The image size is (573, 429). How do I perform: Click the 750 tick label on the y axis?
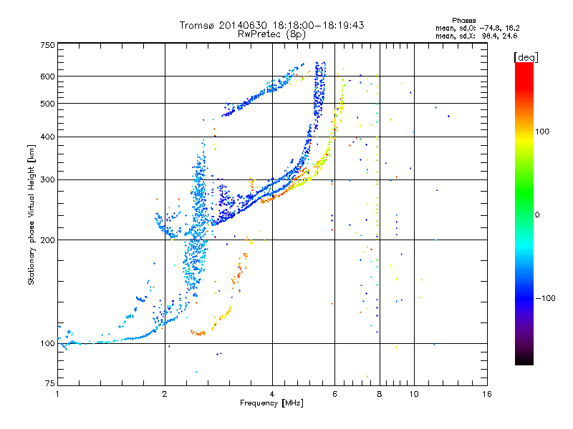[47, 45]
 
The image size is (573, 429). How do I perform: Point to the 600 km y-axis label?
[47, 77]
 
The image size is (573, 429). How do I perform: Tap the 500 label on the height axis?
[47, 104]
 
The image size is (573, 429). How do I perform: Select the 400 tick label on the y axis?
[47, 137]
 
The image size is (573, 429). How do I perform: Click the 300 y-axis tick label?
[47, 180]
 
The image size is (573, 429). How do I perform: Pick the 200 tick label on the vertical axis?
[47, 240]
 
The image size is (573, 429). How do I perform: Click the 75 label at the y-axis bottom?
[49, 383]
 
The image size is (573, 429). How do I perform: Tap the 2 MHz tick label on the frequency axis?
[165, 394]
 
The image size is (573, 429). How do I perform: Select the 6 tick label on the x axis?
[334, 394]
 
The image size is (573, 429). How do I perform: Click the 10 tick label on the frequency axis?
[414, 394]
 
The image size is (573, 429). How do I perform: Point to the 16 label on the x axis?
[487, 394]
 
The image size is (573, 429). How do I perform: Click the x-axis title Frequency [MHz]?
[271, 403]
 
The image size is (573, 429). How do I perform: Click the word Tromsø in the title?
[198, 25]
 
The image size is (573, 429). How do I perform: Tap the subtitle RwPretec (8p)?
[271, 34]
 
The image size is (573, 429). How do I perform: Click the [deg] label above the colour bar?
[526, 58]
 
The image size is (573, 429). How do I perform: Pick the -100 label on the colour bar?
[545, 298]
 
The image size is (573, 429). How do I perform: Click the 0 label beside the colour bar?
[537, 215]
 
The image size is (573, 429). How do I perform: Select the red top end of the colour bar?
[524, 64]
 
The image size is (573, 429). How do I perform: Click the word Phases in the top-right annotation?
[463, 21]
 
